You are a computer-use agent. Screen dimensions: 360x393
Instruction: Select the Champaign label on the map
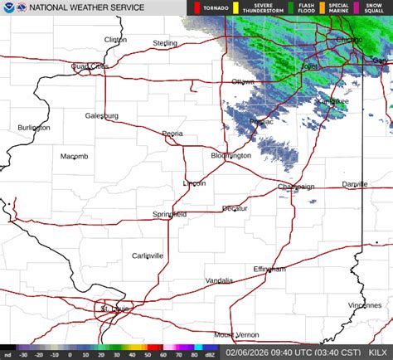point(296,187)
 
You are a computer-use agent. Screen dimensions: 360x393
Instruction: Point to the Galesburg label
point(102,115)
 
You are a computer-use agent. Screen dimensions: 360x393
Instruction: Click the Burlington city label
point(34,128)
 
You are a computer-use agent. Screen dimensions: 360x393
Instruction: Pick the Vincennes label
point(365,305)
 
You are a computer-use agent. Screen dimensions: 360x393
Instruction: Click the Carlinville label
point(148,255)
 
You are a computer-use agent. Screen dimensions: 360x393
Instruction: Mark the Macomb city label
point(74,156)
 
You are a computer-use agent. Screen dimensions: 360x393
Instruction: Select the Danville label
point(354,184)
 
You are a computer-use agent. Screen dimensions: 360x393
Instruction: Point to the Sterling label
point(165,43)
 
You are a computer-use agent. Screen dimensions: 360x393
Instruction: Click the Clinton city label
point(115,39)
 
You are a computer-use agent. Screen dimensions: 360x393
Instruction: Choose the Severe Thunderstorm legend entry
point(245,7)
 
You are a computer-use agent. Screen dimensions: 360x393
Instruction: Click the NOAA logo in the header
point(8,7)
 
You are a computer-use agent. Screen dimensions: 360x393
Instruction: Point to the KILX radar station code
point(376,353)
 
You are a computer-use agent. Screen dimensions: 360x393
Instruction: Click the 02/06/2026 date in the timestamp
point(245,353)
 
